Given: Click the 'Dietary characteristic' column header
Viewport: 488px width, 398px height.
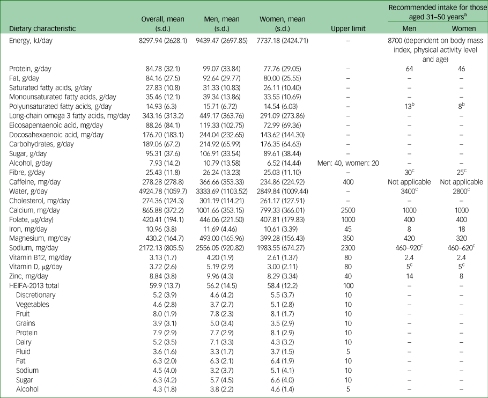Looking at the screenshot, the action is pyautogui.click(x=42, y=28).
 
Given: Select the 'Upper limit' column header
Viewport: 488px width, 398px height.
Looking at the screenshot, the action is pyautogui.click(x=348, y=28).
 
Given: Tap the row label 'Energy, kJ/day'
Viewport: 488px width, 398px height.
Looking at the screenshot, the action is pyautogui.click(x=31, y=41).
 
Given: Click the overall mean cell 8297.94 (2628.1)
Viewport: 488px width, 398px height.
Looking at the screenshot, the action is pyautogui.click(x=163, y=41).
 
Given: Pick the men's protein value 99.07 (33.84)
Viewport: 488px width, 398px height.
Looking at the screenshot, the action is pyautogui.click(x=221, y=69).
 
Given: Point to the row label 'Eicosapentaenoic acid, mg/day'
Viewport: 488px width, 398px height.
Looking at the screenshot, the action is pyautogui.click(x=56, y=126).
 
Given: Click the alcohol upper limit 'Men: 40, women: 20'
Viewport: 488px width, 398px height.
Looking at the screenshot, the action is pyautogui.click(x=348, y=163).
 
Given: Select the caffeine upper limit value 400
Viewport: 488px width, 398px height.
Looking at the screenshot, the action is pyautogui.click(x=348, y=182).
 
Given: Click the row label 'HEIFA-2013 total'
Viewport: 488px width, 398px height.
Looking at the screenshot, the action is pyautogui.click(x=34, y=286).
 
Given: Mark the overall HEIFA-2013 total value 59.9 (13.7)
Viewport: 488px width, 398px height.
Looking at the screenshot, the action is pyautogui.click(x=163, y=286).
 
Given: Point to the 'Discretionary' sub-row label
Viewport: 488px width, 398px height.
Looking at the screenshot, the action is pyautogui.click(x=36, y=295).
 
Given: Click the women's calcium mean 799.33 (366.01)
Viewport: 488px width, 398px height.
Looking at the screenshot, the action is pyautogui.click(x=282, y=210).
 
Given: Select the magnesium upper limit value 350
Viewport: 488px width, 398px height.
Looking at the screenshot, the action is pyautogui.click(x=348, y=238).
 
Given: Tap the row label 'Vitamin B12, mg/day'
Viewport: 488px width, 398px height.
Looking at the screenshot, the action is pyautogui.click(x=40, y=257).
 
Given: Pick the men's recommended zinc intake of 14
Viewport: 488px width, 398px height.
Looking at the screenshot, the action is pyautogui.click(x=409, y=276).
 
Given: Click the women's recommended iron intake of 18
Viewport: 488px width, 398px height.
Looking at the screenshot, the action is pyautogui.click(x=462, y=229).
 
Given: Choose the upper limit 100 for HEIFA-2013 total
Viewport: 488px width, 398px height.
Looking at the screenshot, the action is pyautogui.click(x=348, y=286).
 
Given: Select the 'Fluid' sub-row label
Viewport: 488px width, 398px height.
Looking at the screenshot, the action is pyautogui.click(x=24, y=352).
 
